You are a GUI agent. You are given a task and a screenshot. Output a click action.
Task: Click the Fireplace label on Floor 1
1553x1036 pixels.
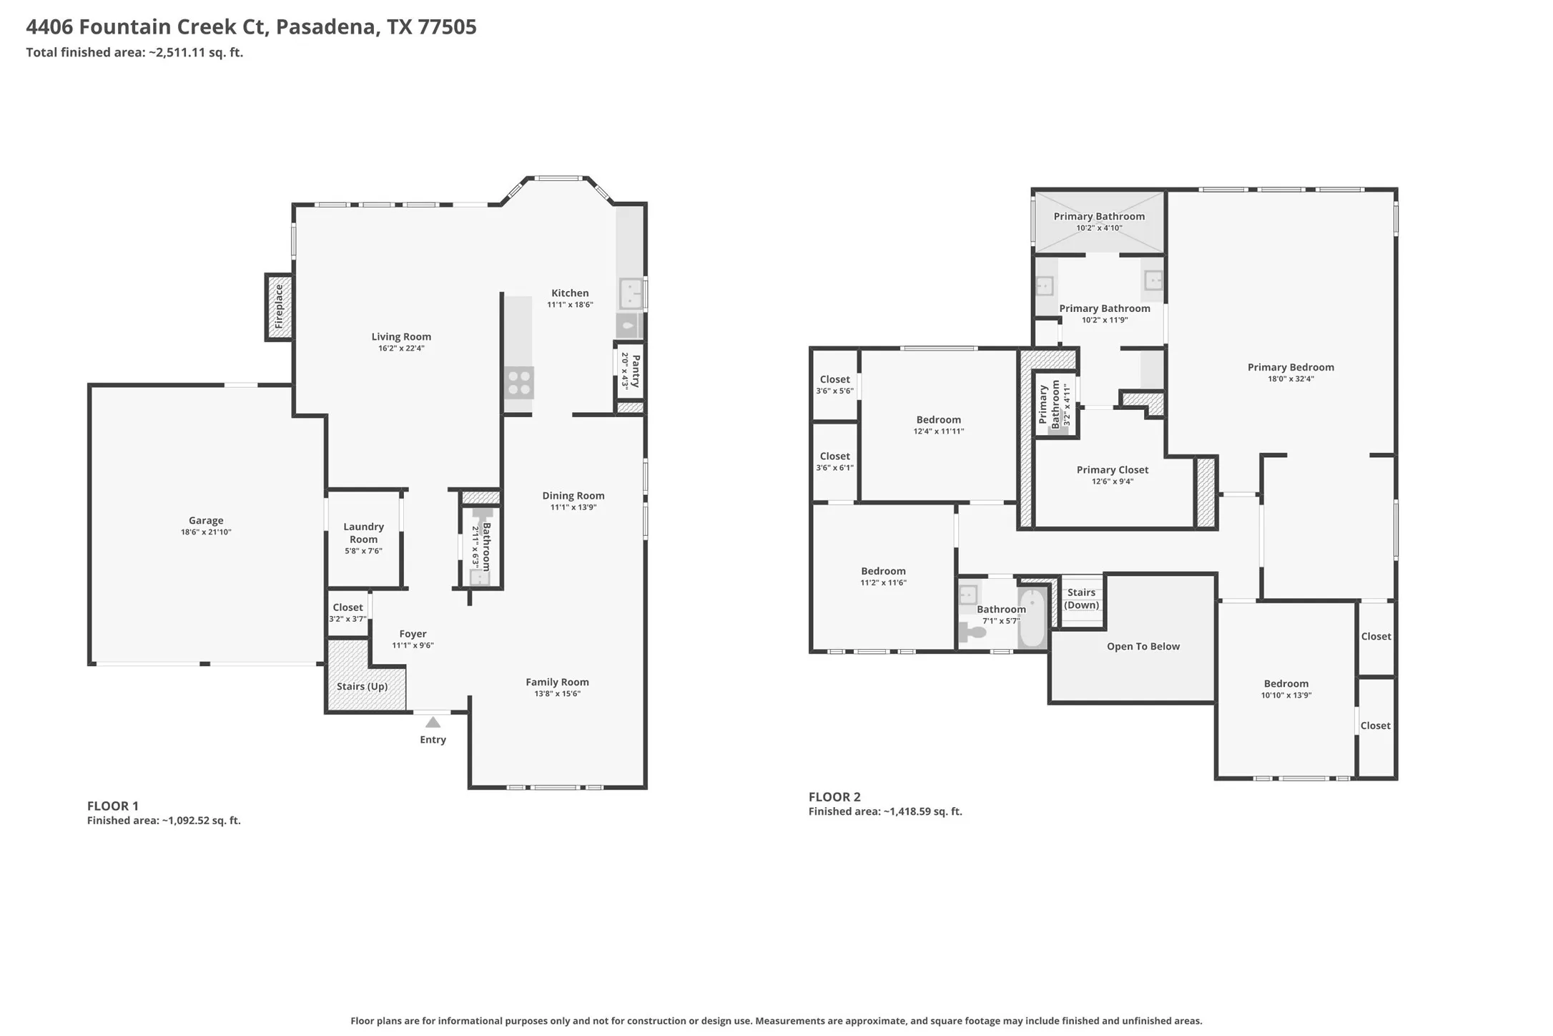pyautogui.click(x=279, y=307)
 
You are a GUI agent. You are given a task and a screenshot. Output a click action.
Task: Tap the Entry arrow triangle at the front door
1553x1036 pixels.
pyautogui.click(x=433, y=723)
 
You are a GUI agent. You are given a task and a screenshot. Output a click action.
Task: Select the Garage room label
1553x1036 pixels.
pyautogui.click(x=206, y=520)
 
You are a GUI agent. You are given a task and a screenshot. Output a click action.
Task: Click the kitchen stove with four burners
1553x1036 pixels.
pyautogui.click(x=519, y=382)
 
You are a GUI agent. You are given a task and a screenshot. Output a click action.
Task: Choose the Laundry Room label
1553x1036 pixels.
pyautogui.click(x=363, y=533)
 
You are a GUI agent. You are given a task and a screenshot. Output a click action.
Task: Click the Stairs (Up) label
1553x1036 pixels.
pyautogui.click(x=362, y=686)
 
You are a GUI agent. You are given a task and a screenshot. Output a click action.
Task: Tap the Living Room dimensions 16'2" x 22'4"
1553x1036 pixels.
pyautogui.click(x=401, y=348)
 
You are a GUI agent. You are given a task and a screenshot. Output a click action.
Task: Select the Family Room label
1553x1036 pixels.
pyautogui.click(x=557, y=682)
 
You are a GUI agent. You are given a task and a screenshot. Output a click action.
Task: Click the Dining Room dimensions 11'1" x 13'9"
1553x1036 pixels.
pyautogui.click(x=573, y=507)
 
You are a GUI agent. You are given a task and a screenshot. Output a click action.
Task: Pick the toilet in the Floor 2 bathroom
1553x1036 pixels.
pyautogui.click(x=972, y=632)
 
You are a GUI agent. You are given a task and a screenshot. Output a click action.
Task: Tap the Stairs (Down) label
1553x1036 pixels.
pyautogui.click(x=1081, y=599)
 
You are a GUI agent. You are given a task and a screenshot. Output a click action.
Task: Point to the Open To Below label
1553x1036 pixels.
pyautogui.click(x=1143, y=646)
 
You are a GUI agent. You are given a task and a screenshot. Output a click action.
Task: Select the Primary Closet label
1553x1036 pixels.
pyautogui.click(x=1113, y=469)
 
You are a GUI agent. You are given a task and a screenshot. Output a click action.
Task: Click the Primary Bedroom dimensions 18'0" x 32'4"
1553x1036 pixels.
pyautogui.click(x=1291, y=379)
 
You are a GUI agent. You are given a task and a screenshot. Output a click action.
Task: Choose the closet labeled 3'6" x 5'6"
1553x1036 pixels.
pyautogui.click(x=835, y=384)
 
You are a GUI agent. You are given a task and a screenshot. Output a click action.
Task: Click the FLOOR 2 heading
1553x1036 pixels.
pyautogui.click(x=834, y=796)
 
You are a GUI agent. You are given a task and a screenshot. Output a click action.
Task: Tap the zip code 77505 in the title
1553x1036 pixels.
pyautogui.click(x=446, y=26)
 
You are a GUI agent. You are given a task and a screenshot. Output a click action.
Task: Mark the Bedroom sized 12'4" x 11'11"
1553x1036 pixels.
pyautogui.click(x=938, y=425)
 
